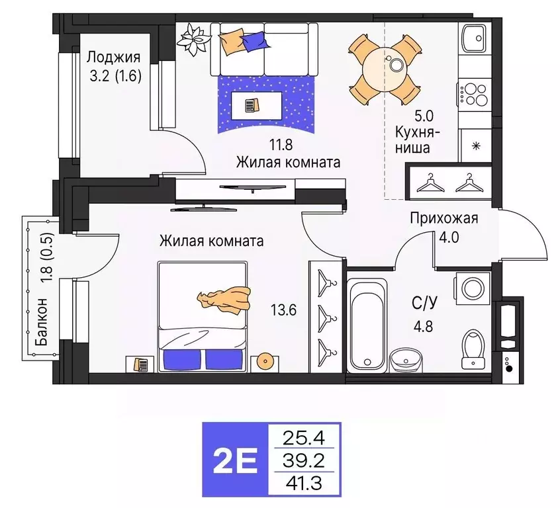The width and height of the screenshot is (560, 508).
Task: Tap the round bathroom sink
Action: click(x=404, y=360)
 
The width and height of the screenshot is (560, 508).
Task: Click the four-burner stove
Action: click(x=475, y=93)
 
